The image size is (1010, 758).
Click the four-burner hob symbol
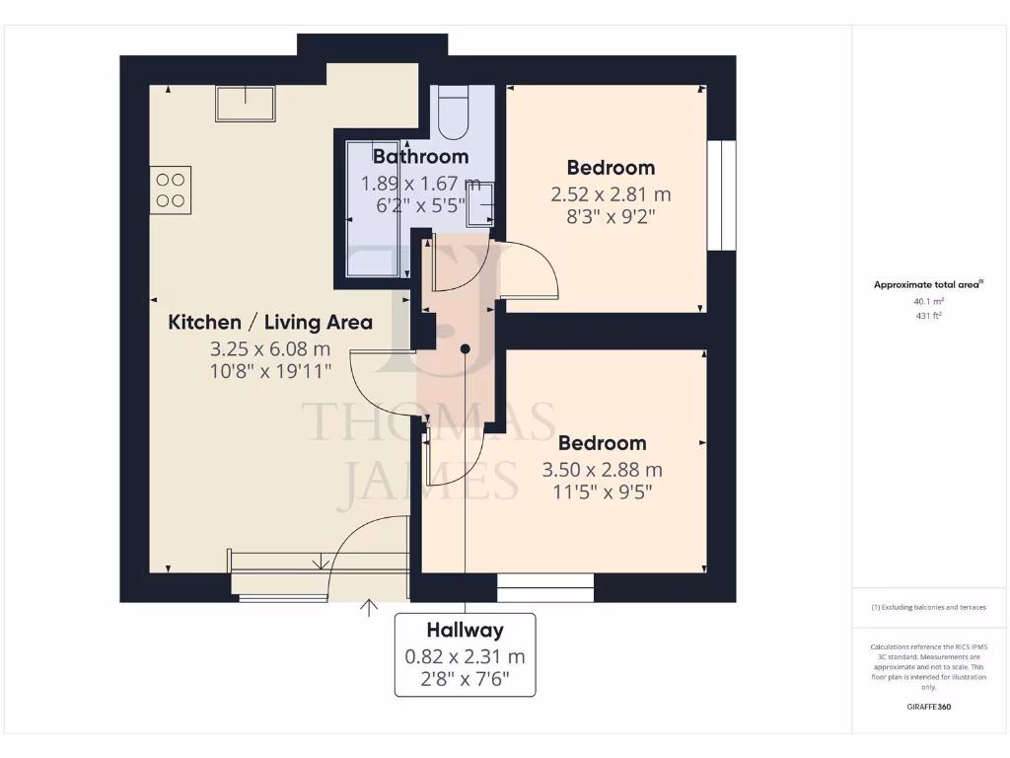[171, 190]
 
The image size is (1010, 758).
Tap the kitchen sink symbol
[246, 103]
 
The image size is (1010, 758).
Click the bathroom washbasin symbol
[482, 204]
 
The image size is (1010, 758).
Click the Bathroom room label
[420, 156]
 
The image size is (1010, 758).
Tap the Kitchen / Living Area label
[270, 322]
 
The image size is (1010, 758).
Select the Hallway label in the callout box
[465, 630]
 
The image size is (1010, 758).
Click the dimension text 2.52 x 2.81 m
[610, 195]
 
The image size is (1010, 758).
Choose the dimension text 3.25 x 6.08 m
[269, 348]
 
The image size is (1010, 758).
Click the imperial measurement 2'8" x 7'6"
[465, 679]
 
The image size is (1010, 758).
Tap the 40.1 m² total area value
[929, 301]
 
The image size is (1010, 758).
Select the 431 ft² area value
[929, 316]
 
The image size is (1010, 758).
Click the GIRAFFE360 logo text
[929, 707]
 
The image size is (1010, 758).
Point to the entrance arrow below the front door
[370, 607]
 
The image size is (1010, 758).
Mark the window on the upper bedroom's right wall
[722, 195]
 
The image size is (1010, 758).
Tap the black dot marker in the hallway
[465, 347]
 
